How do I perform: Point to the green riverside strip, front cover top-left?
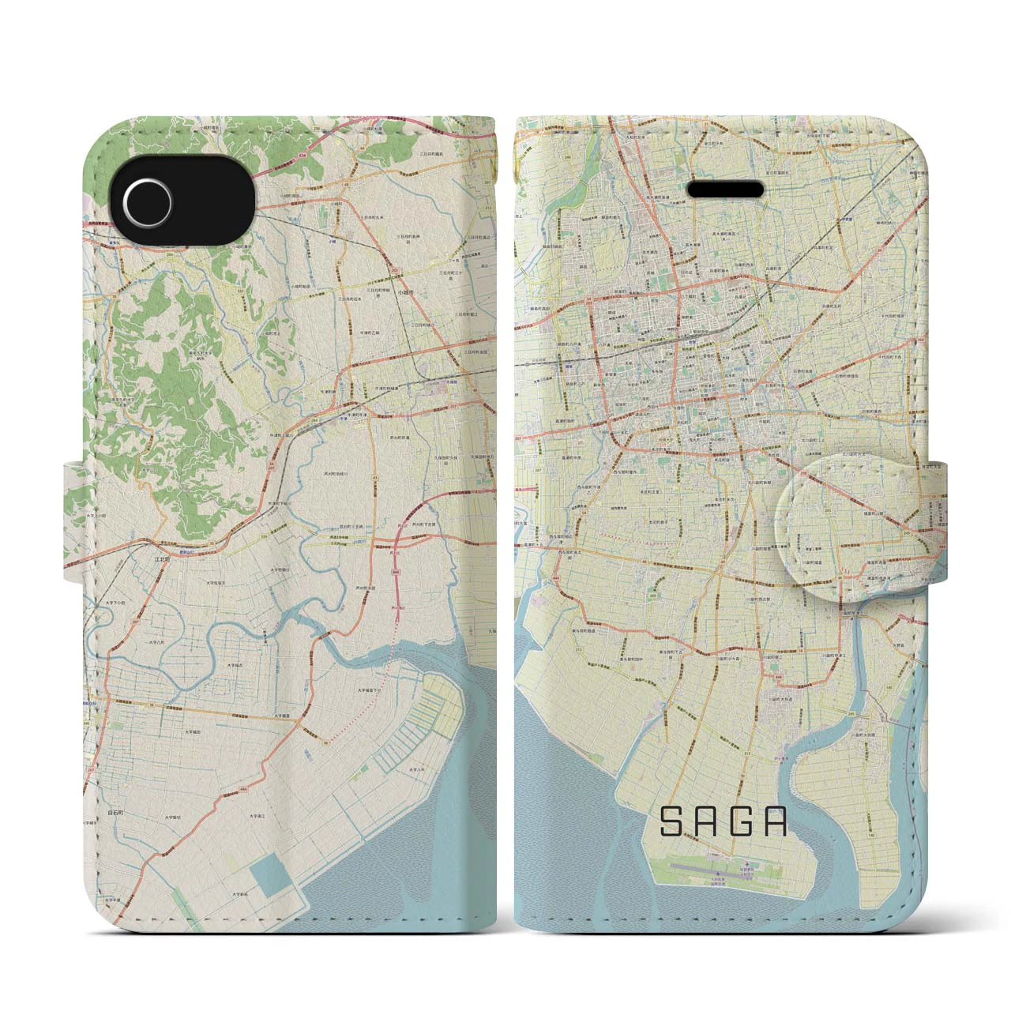(523, 261)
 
